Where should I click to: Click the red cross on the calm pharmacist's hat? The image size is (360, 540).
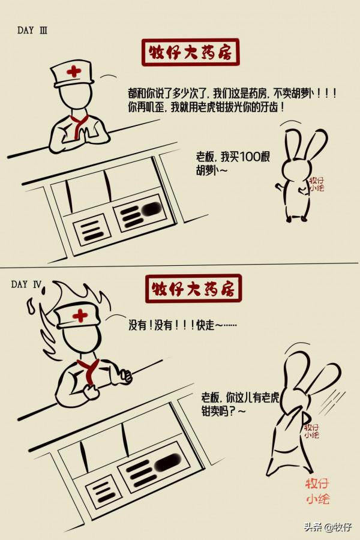pos(74,71)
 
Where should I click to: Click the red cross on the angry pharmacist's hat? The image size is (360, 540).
pos(79,315)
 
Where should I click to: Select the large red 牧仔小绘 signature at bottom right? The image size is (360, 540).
pos(317,491)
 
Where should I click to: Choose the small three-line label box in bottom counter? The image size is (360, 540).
pos(100,490)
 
